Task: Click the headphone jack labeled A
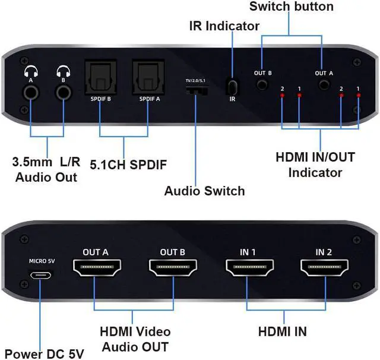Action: pyautogui.click(x=30, y=92)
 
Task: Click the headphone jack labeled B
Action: pyautogui.click(x=63, y=92)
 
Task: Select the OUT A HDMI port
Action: pyautogui.click(x=96, y=270)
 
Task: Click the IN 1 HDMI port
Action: pyautogui.click(x=249, y=270)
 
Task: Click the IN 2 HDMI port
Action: pyautogui.click(x=324, y=270)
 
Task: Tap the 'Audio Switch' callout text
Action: pyautogui.click(x=204, y=191)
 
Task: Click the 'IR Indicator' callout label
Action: pyautogui.click(x=224, y=26)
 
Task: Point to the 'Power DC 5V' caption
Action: pyautogui.click(x=44, y=353)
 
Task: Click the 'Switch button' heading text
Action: pyautogui.click(x=291, y=7)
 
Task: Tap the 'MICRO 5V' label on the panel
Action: pyautogui.click(x=42, y=261)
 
